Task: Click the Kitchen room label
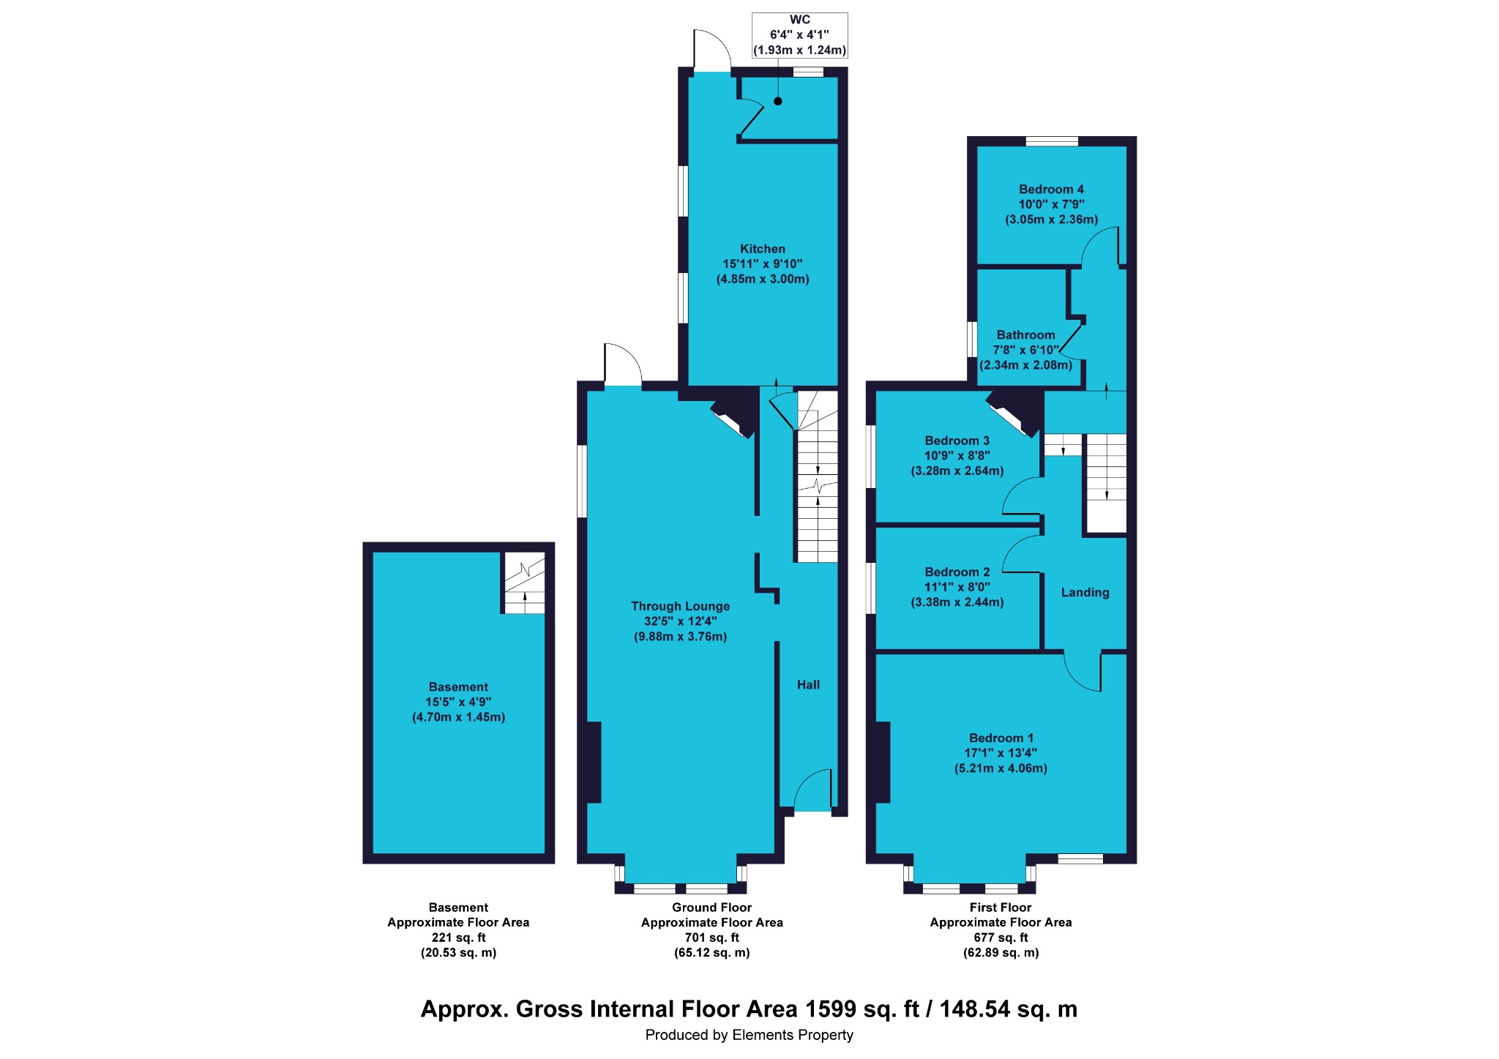(762, 249)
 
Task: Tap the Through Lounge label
(680, 606)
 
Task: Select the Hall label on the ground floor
(808, 684)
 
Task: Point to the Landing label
(1085, 593)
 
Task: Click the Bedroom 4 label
(1051, 189)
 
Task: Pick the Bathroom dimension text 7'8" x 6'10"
(1025, 350)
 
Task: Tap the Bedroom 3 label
(957, 441)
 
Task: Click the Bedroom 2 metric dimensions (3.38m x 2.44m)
(957, 602)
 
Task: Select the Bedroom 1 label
(1001, 738)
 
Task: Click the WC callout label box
(799, 35)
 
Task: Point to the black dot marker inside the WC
(777, 101)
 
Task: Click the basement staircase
(524, 583)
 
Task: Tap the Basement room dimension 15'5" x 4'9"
(458, 702)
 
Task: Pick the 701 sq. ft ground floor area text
(711, 938)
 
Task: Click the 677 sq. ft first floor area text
(1001, 938)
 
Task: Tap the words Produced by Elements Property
(749, 1035)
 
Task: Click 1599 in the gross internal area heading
(831, 1009)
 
